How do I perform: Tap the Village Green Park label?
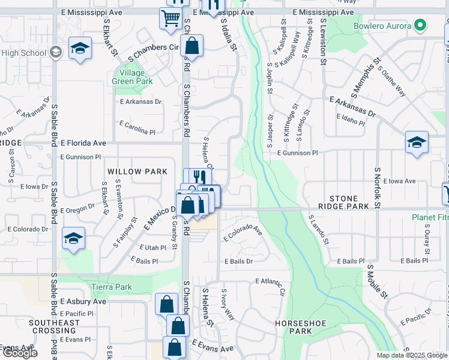pos(132,77)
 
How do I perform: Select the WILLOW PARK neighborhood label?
pos(137,172)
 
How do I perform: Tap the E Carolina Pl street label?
pos(137,127)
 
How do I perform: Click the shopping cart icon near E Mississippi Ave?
pos(170,17)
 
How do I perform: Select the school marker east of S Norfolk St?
pos(417,142)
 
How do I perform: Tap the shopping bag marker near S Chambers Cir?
pos(191,45)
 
